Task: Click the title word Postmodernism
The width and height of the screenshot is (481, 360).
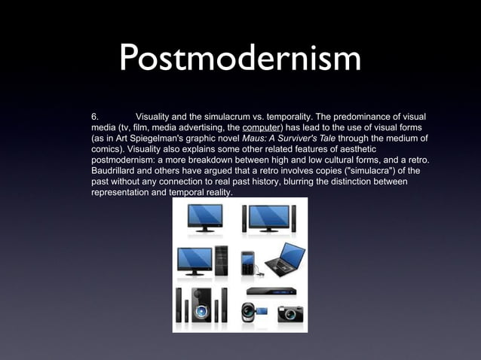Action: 240,59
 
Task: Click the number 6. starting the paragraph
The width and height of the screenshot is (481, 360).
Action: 94,117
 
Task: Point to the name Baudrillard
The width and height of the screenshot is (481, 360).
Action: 115,171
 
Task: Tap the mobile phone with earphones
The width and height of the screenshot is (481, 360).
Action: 249,263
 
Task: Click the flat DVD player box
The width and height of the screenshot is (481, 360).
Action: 270,290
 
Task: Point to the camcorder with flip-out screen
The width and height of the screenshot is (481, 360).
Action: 253,311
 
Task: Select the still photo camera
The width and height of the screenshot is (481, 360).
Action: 290,313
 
